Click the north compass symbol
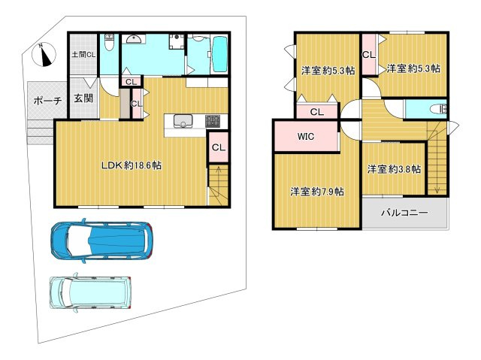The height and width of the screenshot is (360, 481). [x=44, y=55]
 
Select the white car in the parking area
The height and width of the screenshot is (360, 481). [x=90, y=292]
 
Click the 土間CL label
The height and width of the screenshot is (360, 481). [x=83, y=55]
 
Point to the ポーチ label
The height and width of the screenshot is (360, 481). [x=47, y=101]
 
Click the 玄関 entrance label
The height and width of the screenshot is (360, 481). [x=83, y=98]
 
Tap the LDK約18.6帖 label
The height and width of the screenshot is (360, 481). [x=132, y=165]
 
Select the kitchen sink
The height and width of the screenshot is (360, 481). [x=183, y=121]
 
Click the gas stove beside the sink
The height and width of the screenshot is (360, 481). [x=212, y=121]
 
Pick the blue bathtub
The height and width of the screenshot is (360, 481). [x=219, y=55]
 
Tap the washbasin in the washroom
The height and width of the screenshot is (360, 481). [x=134, y=39]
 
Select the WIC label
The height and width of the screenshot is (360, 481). [x=306, y=136]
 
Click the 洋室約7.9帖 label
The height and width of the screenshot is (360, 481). [x=317, y=192]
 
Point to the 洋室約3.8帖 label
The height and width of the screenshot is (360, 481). [x=394, y=169]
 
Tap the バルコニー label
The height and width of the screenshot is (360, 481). [x=404, y=213]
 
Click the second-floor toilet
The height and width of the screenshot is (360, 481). [x=438, y=109]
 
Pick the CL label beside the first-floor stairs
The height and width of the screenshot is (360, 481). [x=219, y=147]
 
